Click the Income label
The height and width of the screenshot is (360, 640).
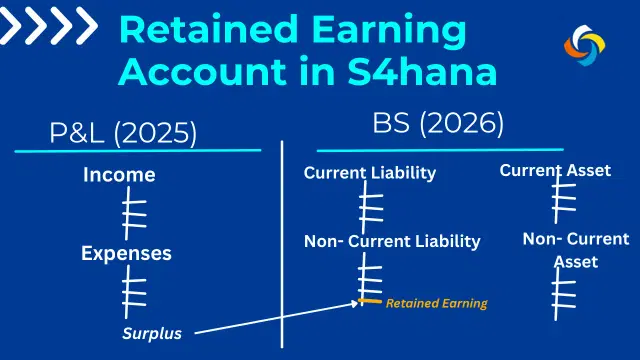[x=119, y=175]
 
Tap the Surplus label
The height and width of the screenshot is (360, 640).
[x=152, y=333]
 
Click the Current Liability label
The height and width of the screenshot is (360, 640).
[x=369, y=173]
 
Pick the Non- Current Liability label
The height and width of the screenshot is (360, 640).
[x=392, y=241]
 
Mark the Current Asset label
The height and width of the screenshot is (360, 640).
[x=555, y=171]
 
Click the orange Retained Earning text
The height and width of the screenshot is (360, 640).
[x=436, y=303]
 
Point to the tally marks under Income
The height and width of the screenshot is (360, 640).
[x=133, y=214]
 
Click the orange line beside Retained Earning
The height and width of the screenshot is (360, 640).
[x=371, y=301]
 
